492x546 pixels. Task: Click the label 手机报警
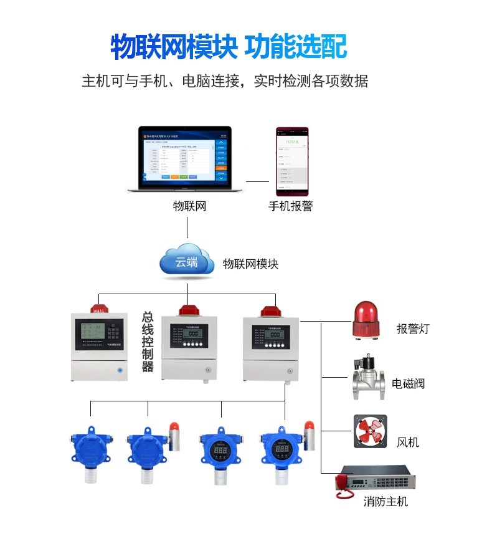[x=290, y=206]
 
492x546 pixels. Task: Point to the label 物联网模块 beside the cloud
[x=251, y=264]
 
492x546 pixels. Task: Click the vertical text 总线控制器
[x=148, y=342]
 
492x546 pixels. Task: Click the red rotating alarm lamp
[x=366, y=321]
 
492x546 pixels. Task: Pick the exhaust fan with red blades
[x=370, y=431]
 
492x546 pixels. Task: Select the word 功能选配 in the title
[x=295, y=47]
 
